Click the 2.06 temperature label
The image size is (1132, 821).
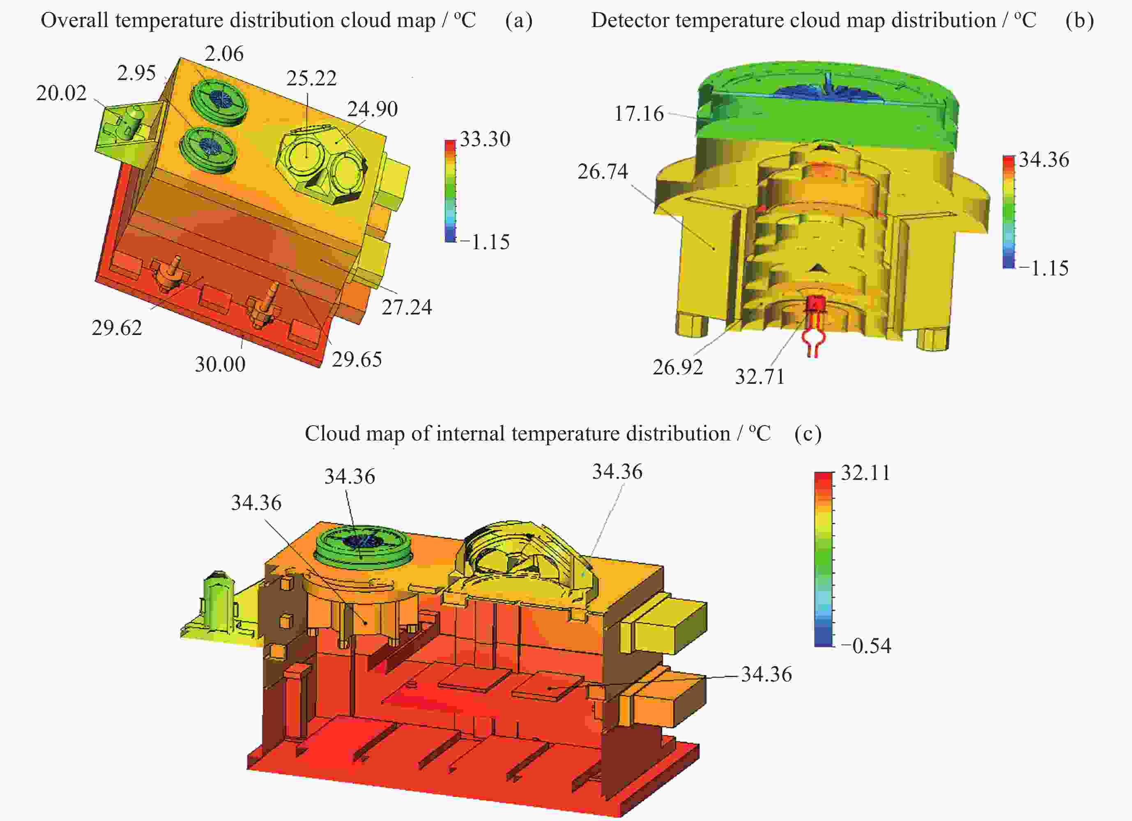224,53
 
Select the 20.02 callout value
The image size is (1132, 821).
61,93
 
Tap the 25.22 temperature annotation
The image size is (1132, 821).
311,78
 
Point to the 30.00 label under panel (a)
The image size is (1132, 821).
220,364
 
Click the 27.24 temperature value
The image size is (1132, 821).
407,307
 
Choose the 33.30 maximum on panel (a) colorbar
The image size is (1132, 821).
485,139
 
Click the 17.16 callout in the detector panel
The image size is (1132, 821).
639,114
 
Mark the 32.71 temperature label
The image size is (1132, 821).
759,376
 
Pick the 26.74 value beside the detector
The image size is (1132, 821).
603,172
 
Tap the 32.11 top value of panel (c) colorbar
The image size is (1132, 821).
866,472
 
